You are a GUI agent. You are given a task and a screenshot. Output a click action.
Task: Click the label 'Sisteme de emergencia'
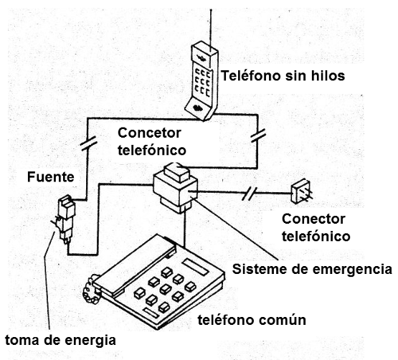click(312, 270)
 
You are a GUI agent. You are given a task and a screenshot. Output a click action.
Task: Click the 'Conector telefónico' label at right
click(313, 227)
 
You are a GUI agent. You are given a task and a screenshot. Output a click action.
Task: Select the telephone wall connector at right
click(300, 193)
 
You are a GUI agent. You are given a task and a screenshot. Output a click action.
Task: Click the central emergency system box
click(175, 187)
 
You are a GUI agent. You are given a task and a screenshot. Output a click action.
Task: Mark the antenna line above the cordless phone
click(211, 22)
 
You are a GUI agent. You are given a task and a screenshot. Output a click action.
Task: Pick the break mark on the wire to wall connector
click(250, 193)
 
